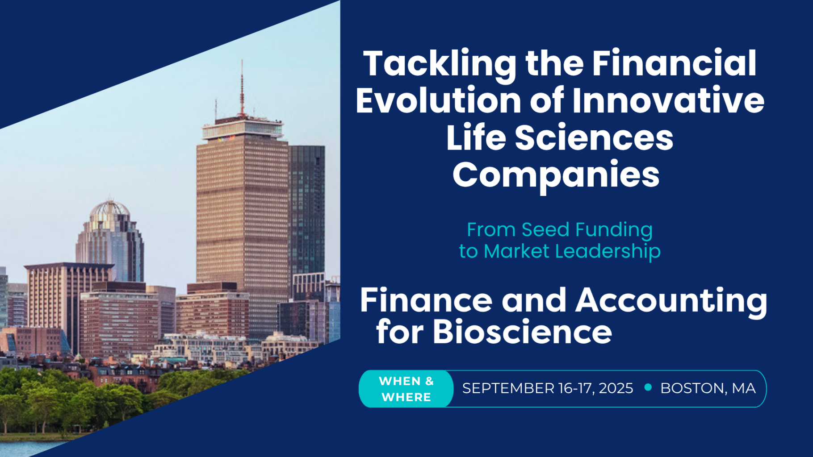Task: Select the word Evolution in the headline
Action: [x=438, y=100]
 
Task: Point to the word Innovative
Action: [x=668, y=100]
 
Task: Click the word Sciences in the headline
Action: [x=594, y=137]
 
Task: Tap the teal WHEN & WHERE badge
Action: [x=406, y=389]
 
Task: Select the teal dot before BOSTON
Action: [x=648, y=387]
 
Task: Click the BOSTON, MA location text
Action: [x=708, y=388]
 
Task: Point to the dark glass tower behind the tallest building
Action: [x=308, y=210]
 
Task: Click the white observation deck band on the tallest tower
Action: [x=243, y=130]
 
